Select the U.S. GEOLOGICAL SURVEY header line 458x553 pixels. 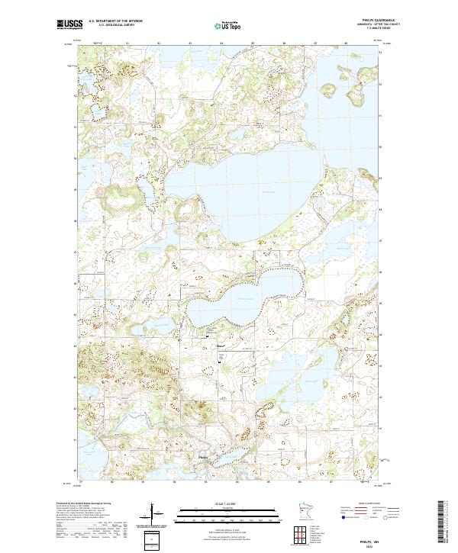point(115,24)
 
